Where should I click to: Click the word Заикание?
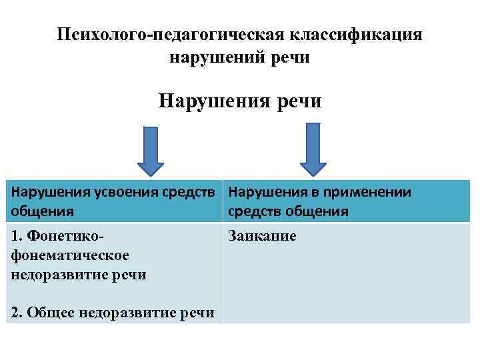(x=262, y=236)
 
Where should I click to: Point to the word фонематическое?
(x=69, y=255)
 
